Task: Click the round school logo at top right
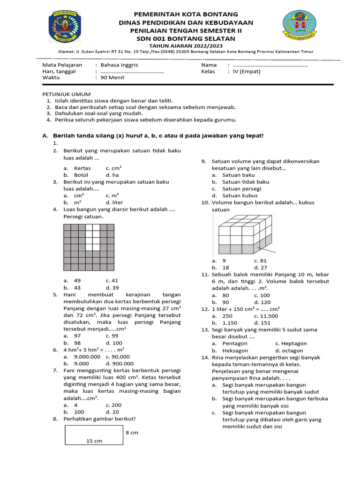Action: [300, 28]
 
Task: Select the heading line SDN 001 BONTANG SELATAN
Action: [180, 38]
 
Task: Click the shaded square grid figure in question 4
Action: [89, 247]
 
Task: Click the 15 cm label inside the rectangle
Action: [94, 441]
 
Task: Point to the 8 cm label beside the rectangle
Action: [132, 433]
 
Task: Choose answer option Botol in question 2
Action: [81, 175]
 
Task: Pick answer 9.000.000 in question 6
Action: [88, 357]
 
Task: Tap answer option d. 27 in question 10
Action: [261, 268]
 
